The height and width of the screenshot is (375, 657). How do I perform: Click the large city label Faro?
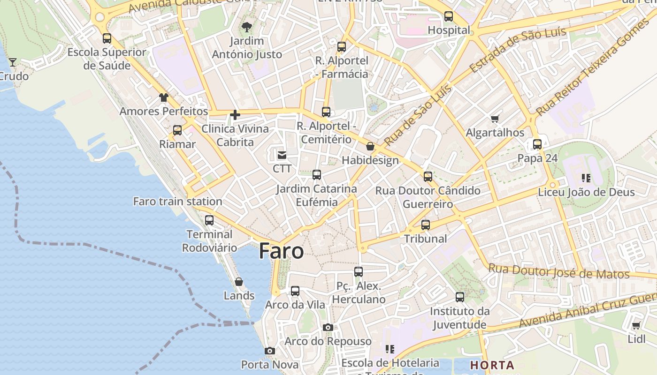tap(281, 251)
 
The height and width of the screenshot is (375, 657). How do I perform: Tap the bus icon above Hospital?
tap(449, 16)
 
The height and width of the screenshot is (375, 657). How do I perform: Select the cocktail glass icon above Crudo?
tap(13, 62)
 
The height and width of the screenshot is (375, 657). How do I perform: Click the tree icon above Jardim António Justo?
tap(246, 27)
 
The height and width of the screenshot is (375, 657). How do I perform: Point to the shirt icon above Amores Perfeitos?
tap(163, 97)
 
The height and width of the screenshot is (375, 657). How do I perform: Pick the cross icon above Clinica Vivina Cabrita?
tap(235, 115)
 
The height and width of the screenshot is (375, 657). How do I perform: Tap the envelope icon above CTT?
tap(282, 155)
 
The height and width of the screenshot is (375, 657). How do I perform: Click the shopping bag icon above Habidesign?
tap(370, 147)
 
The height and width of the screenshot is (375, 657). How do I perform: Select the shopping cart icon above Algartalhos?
tap(495, 119)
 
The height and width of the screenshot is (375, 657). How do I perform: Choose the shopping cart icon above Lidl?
tap(636, 325)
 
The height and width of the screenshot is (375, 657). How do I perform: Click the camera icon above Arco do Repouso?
tap(328, 327)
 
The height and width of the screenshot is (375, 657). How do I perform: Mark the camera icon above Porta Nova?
tap(269, 351)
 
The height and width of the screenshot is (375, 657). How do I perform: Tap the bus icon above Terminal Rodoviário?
tap(209, 220)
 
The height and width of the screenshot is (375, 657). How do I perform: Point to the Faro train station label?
tap(178, 202)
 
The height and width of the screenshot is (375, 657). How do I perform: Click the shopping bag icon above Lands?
tap(239, 282)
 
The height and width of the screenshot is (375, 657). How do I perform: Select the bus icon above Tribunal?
tap(426, 225)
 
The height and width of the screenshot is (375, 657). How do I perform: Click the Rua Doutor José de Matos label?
tap(558, 271)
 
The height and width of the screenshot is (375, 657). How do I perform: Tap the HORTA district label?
tap(492, 365)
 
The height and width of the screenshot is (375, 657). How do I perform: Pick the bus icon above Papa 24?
tap(537, 144)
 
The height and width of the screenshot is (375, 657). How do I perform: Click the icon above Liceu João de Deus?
tap(586, 178)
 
